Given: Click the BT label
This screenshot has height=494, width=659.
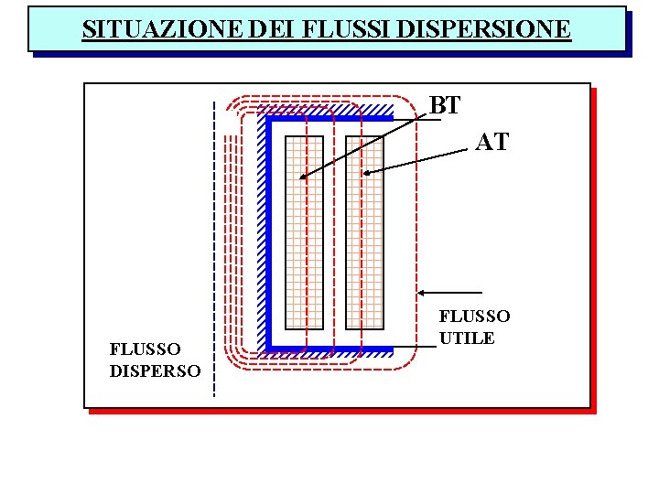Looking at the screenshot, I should tap(445, 106).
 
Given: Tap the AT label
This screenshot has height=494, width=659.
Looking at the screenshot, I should tap(492, 142).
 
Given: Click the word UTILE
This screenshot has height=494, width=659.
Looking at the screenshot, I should tap(467, 338).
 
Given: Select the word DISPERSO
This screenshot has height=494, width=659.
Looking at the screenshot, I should tap(155, 370).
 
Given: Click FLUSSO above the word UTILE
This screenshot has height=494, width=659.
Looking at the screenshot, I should tap(474, 317).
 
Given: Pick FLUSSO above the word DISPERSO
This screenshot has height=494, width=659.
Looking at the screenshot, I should tap(145, 349).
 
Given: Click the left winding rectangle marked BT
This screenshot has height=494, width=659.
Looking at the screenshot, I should tap(305, 232).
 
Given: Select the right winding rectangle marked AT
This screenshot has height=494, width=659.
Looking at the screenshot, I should tap(364, 232).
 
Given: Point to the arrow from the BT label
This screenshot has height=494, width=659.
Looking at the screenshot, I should tap(366, 143).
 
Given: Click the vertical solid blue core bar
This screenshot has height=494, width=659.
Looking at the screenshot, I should tap(270, 232).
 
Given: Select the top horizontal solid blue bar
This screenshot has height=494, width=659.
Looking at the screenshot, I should tap(329, 118).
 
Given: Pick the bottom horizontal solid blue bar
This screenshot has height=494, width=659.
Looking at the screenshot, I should tap(329, 349).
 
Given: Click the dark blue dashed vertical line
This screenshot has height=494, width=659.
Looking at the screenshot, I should tap(213, 247).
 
